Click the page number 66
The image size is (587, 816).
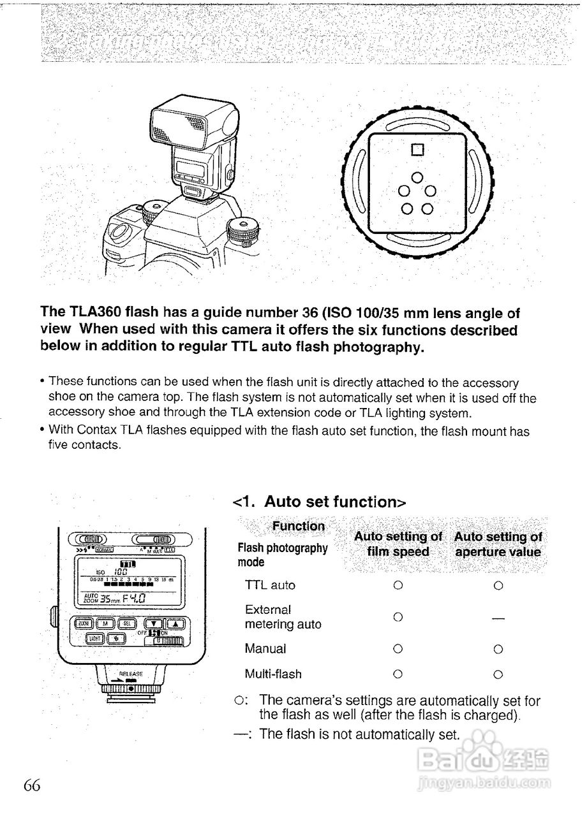click(x=32, y=785)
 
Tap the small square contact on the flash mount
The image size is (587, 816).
click(x=418, y=150)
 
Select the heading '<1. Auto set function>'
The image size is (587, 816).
click(x=320, y=502)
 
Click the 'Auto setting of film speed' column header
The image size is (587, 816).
click(x=398, y=544)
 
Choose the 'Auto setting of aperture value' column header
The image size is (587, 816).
click(x=498, y=544)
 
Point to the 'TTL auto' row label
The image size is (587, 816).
click(x=270, y=585)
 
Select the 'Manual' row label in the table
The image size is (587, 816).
click(x=265, y=648)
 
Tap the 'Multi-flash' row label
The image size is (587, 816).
click(x=273, y=674)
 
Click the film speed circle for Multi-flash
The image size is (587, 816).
click(x=398, y=674)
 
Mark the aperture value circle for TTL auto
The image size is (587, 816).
click(x=498, y=585)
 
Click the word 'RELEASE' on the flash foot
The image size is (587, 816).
click(x=131, y=673)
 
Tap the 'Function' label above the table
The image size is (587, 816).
click(x=299, y=526)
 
